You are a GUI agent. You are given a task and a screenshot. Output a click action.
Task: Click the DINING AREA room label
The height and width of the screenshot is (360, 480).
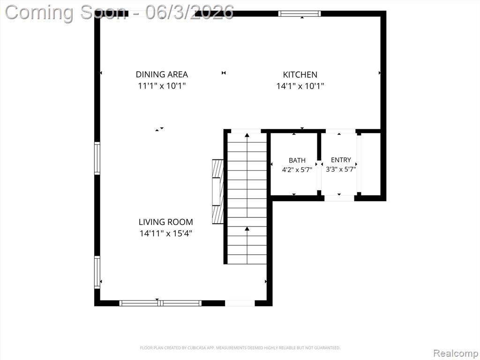162,75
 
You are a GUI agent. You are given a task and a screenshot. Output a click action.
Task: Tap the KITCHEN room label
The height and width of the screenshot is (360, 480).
300,75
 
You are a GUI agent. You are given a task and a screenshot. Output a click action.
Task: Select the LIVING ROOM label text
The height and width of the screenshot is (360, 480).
165,222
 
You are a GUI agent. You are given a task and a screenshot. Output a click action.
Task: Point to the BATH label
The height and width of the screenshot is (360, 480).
297,160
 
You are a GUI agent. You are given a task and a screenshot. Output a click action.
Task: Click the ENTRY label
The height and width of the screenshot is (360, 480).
341,160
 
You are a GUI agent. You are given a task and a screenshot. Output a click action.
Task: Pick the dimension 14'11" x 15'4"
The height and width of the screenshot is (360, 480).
165,233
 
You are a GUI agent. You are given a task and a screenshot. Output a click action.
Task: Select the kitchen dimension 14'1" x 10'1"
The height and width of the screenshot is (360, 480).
300,86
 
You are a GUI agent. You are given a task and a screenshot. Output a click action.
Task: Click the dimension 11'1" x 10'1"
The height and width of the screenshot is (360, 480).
162,86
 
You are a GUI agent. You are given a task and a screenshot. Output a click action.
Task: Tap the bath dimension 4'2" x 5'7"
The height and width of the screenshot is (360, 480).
297,169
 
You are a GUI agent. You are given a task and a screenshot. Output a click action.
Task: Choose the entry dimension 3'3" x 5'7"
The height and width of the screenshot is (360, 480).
341,169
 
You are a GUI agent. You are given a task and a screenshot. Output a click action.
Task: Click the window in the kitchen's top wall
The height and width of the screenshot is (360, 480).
300,14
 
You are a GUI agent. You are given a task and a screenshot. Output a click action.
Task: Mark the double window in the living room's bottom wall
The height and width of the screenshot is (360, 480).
160,303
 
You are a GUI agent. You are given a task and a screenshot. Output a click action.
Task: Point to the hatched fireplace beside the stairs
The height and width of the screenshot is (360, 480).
218,192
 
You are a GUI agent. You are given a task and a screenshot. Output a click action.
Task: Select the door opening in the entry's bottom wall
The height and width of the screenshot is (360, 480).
339,198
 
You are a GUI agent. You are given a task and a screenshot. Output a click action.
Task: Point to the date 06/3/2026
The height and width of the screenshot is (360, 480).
189,12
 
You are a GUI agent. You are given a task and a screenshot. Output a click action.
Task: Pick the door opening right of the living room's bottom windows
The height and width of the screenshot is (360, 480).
240,303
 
